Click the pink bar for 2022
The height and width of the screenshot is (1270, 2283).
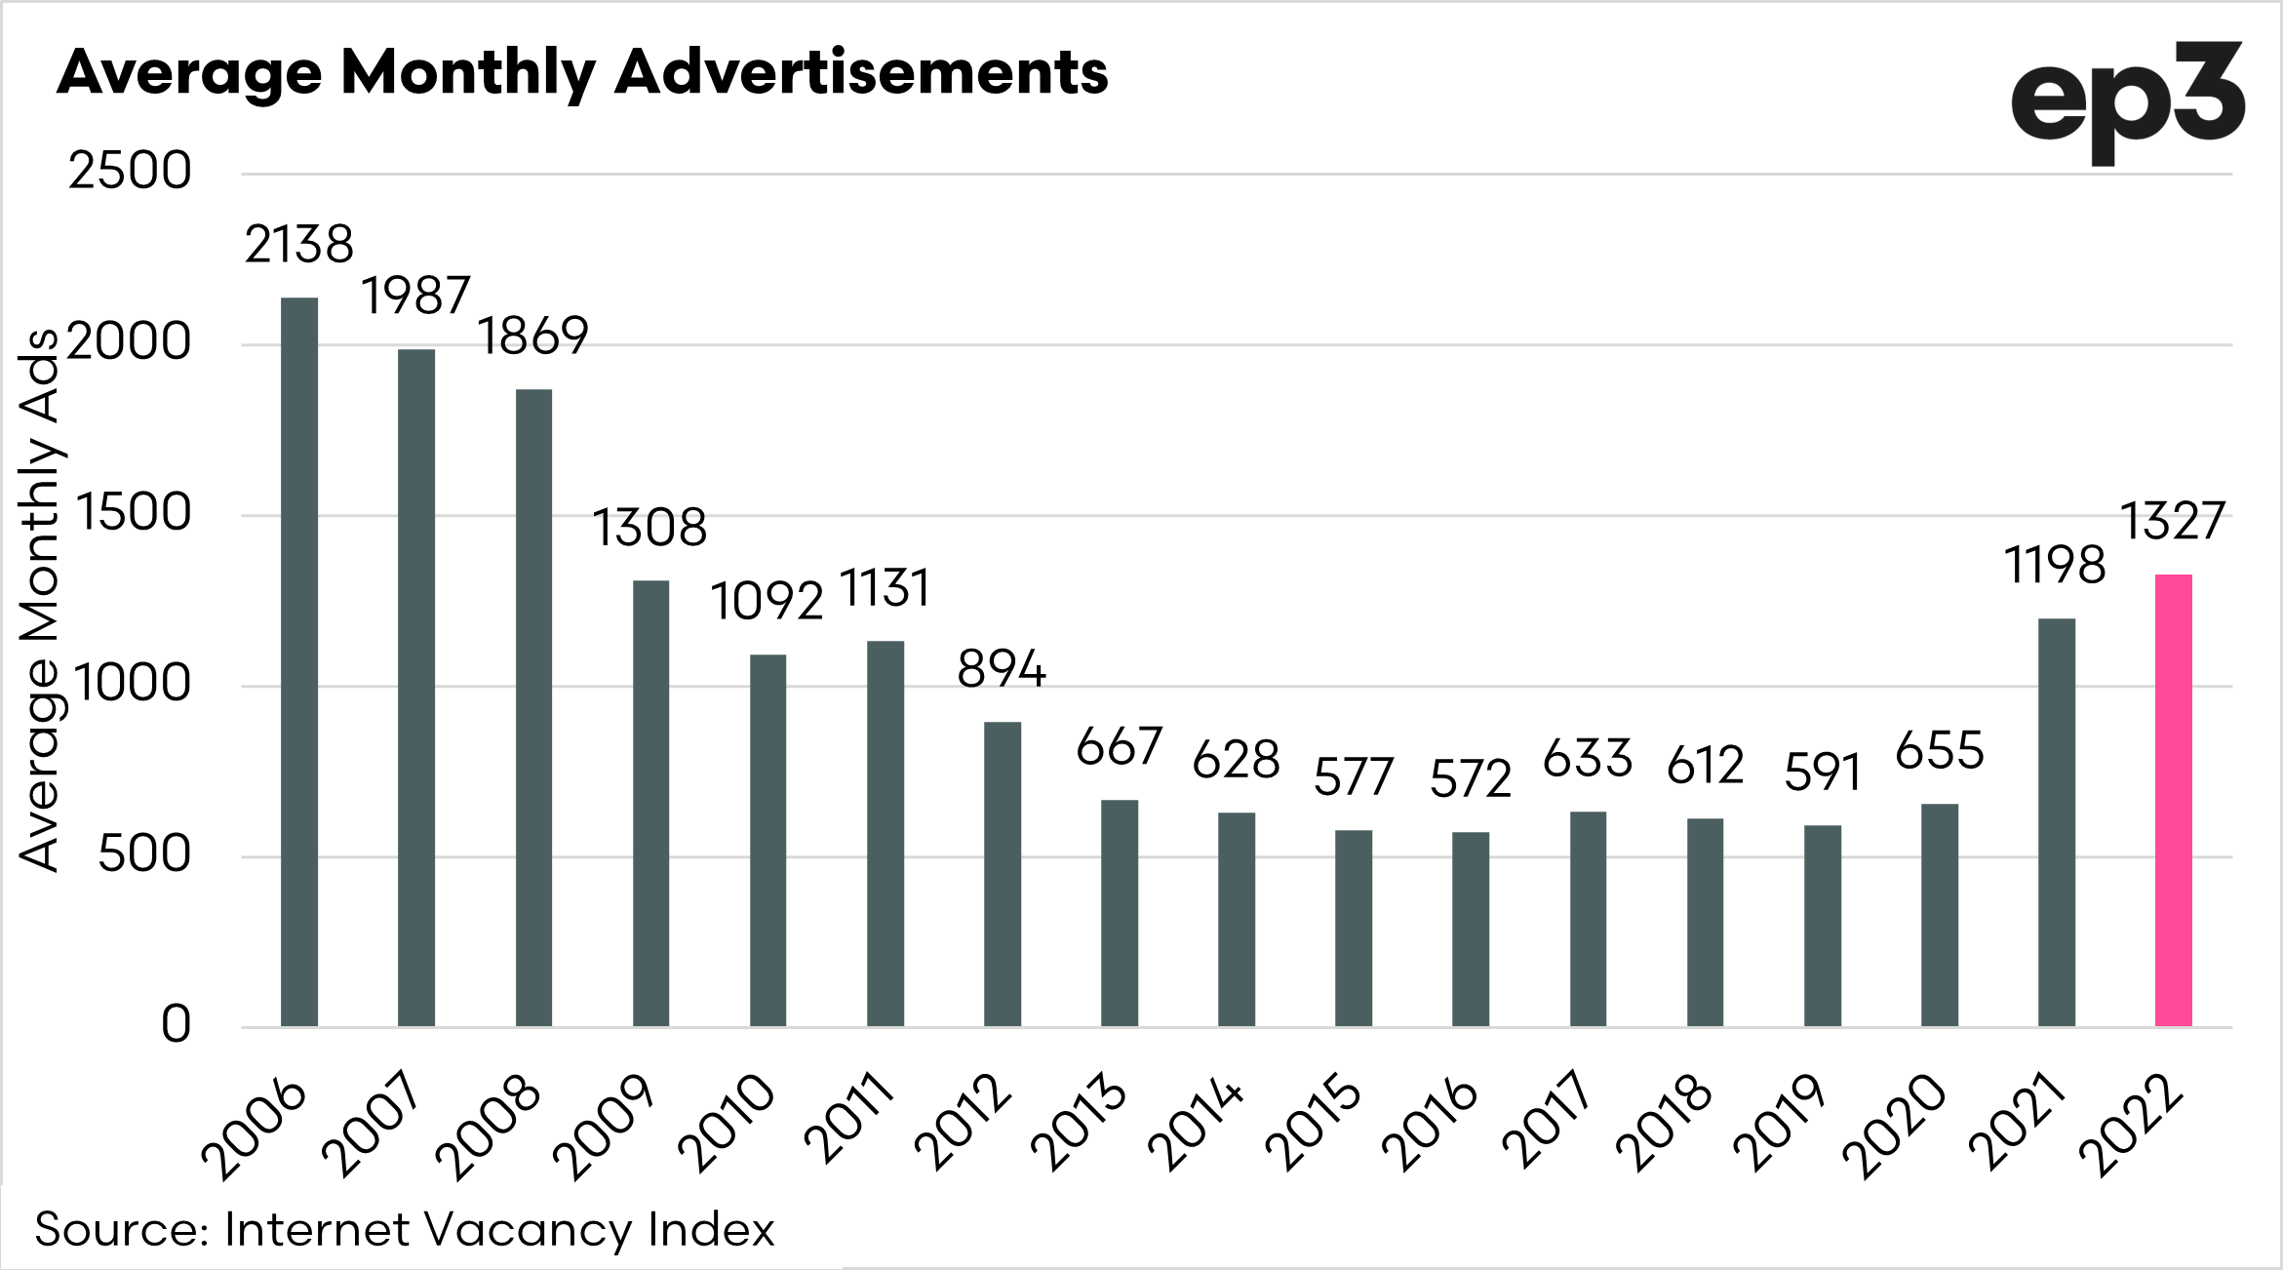pos(2173,800)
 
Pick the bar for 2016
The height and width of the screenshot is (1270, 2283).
pos(1471,929)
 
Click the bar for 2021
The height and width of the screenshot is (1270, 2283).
pos(2057,821)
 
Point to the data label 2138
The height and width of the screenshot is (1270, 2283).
pos(298,244)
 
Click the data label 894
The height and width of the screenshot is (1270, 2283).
pos(1002,670)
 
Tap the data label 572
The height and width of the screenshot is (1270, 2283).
pos(1471,779)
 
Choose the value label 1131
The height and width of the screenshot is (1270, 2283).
pos(885,589)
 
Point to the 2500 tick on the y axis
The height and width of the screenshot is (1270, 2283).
pos(130,173)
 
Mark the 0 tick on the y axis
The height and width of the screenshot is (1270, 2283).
pos(176,1025)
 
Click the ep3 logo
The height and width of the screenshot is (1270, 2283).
pos(2128,104)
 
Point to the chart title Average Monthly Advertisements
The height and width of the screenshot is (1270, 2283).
pos(582,72)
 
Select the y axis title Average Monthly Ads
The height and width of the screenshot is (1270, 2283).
pos(41,599)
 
